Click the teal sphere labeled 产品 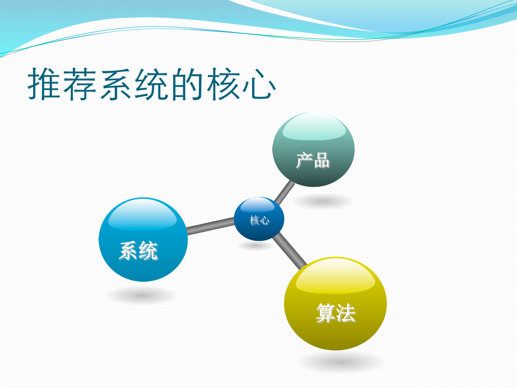point(313,150)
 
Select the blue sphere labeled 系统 point(143,240)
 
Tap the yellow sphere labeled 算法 point(335,304)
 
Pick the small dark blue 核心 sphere point(259,219)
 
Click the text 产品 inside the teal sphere point(313,161)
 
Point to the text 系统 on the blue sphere point(138,251)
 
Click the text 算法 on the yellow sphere point(336,313)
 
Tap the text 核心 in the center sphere point(259,220)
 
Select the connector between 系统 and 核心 point(211,226)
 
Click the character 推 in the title point(44,84)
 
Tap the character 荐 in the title point(80,84)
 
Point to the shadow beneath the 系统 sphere point(142,294)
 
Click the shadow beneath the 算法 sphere point(342,362)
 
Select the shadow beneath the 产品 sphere point(323,201)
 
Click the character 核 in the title point(223,84)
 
